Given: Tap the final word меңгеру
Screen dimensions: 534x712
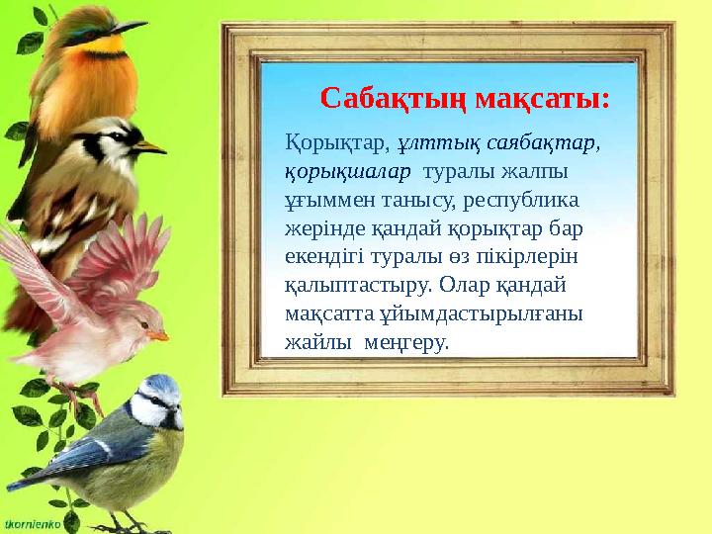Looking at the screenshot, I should [406, 342].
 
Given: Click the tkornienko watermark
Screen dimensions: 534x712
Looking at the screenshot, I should [33, 521].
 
